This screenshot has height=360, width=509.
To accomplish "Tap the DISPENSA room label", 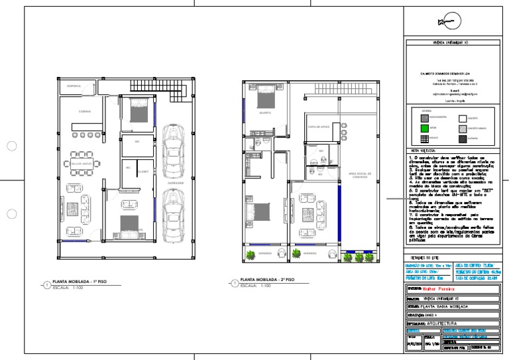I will click(74, 86).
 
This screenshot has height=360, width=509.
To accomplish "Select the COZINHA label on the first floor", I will click(85, 111).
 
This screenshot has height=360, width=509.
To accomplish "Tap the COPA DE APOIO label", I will click(319, 125).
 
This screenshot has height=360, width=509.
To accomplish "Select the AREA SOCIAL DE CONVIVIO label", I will click(364, 175).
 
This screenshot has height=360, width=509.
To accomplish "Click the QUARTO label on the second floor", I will click(264, 113).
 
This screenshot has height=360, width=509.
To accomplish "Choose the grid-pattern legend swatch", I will click(426, 139).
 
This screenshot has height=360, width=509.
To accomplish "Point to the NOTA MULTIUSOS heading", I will click(422, 150).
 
